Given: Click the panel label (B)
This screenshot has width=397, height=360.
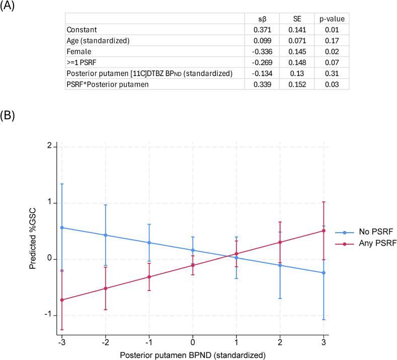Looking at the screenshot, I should pyautogui.click(x=9, y=115).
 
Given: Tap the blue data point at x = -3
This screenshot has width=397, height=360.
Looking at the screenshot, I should pyautogui.click(x=62, y=228).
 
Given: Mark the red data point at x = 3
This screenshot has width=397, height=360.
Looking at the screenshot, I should pyautogui.click(x=324, y=231).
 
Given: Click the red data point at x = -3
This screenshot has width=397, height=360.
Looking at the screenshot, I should pyautogui.click(x=62, y=300).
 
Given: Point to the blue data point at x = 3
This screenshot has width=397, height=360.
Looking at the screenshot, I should pyautogui.click(x=324, y=272).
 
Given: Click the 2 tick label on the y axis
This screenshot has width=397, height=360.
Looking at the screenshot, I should pyautogui.click(x=50, y=147).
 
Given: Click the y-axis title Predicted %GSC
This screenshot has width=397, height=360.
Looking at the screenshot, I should pyautogui.click(x=33, y=240).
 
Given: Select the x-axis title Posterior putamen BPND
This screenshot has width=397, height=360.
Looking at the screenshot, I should pyautogui.click(x=193, y=354).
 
